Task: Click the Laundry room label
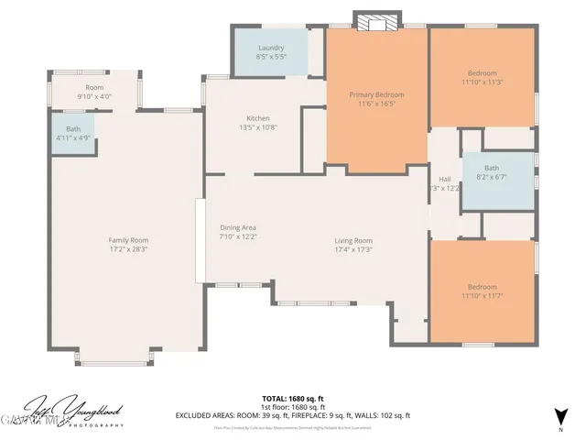click(270, 48)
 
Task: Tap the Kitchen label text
click(257, 118)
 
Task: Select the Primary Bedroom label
click(376, 94)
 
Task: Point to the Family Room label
click(128, 240)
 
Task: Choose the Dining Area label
click(237, 227)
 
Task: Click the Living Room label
click(353, 240)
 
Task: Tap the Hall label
click(445, 179)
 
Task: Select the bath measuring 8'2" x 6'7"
click(492, 173)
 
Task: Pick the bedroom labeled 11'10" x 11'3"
click(482, 78)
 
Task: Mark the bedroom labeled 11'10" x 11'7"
click(482, 291)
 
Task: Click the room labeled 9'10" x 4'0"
click(94, 92)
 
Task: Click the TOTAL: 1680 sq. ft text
click(293, 398)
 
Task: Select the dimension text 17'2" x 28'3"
click(128, 248)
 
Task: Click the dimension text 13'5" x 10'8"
click(257, 127)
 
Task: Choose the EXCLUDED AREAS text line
click(293, 415)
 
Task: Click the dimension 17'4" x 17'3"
click(353, 248)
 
